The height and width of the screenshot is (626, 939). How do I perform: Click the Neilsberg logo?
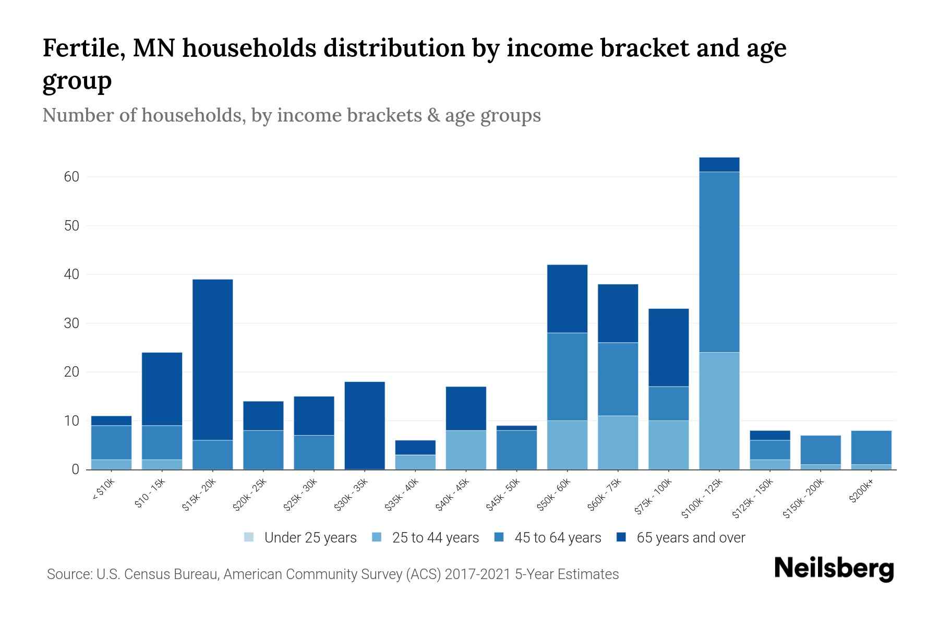coord(834,569)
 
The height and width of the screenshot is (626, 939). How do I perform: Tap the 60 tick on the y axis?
coord(72,177)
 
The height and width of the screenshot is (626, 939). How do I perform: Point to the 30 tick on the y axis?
coord(72,323)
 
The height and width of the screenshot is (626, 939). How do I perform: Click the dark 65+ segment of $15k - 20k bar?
coord(213,360)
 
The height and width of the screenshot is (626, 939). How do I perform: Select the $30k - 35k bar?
coord(365,425)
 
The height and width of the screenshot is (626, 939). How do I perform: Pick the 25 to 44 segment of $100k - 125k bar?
coord(719,411)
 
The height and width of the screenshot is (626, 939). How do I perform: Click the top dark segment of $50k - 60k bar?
coord(567,298)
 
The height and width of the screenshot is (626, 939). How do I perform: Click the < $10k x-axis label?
coord(103,489)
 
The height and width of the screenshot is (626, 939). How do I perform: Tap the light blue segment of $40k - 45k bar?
coord(466,450)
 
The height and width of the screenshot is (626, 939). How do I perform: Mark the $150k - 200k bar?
coord(820,452)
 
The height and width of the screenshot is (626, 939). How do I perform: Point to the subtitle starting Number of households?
coord(291,115)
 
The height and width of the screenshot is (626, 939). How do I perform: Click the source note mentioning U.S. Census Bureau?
coord(332,574)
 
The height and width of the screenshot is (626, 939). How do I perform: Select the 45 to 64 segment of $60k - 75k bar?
coord(618,379)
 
